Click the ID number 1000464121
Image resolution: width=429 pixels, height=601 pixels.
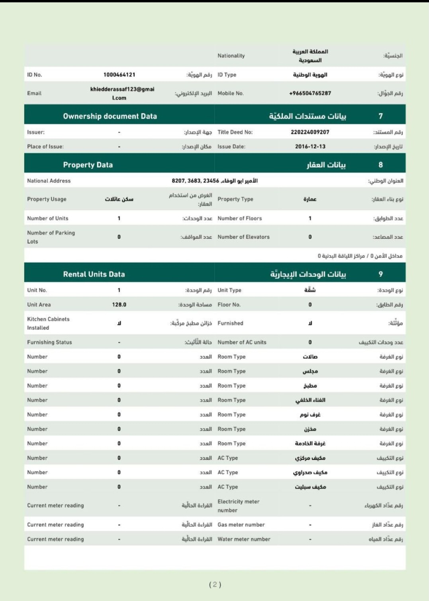pyautogui.click(x=119, y=75)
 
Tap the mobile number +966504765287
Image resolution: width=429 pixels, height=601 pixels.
pyautogui.click(x=310, y=93)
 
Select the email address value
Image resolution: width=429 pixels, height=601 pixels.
pyautogui.click(x=122, y=93)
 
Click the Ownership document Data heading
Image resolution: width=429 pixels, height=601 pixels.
pyautogui.click(x=110, y=116)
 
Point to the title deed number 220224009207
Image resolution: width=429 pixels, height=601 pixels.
pyautogui.click(x=310, y=132)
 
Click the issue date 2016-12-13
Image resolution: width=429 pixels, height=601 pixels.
pyautogui.click(x=310, y=146)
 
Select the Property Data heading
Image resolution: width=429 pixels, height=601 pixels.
pyautogui.click(x=88, y=165)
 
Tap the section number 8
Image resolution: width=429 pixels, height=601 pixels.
pyautogui.click(x=380, y=165)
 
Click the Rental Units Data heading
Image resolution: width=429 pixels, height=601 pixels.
pyautogui.click(x=94, y=274)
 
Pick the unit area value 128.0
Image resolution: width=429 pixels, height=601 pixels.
pyautogui.click(x=119, y=304)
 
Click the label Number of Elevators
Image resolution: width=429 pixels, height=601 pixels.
pyautogui.click(x=243, y=237)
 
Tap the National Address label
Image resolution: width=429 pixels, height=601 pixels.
pyautogui.click(x=49, y=181)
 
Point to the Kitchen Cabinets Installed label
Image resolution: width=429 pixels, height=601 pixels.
pyautogui.click(x=48, y=323)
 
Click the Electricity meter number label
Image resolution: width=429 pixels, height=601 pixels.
pyautogui.click(x=238, y=506)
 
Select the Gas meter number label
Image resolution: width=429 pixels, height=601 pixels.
pyautogui.click(x=241, y=524)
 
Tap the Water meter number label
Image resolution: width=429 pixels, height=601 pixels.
pyautogui.click(x=244, y=539)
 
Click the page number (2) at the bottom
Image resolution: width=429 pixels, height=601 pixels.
pyautogui.click(x=215, y=584)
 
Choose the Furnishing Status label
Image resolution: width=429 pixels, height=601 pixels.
pyautogui.click(x=49, y=342)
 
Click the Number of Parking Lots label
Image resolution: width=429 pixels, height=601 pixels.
pyautogui.click(x=51, y=237)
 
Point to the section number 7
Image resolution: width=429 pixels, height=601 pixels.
pyautogui.click(x=380, y=116)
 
